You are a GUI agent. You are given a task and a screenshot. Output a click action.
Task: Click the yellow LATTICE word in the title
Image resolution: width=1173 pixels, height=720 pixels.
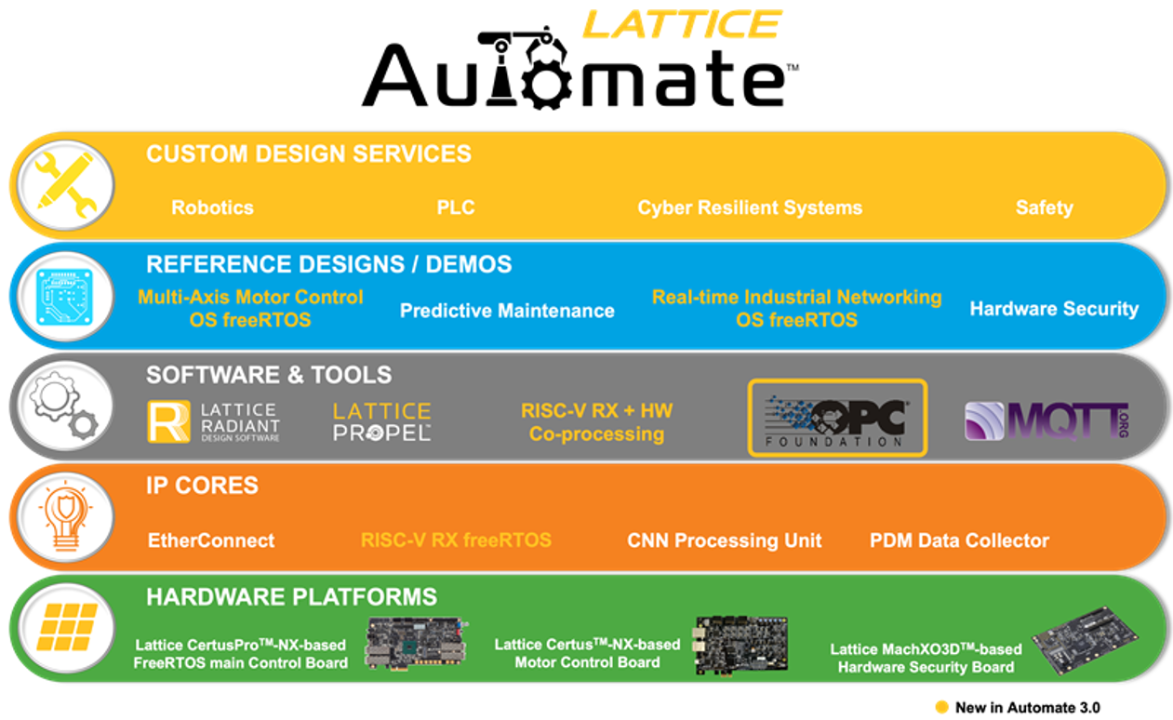[x=681, y=23]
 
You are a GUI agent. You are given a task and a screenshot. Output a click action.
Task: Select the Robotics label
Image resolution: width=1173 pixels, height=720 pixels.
[x=212, y=207]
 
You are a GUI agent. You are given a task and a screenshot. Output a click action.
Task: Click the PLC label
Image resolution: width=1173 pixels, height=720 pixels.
[x=456, y=207]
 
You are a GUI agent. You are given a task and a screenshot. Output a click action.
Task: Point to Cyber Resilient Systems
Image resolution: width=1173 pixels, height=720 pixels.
[x=750, y=207]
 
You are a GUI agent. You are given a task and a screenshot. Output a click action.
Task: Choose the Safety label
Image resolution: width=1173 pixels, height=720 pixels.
[x=1044, y=207]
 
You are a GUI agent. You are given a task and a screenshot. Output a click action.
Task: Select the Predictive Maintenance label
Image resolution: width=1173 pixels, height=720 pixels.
[x=507, y=311]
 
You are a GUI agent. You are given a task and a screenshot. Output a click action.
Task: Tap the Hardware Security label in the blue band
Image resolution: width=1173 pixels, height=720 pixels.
[x=1054, y=309]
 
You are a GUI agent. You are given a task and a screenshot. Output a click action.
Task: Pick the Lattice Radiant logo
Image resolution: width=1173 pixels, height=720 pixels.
[x=214, y=421]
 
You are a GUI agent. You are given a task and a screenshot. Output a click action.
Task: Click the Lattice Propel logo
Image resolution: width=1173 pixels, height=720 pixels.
[x=381, y=421]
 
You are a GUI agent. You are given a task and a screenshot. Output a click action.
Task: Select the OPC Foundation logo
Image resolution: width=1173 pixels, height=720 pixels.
[x=837, y=418]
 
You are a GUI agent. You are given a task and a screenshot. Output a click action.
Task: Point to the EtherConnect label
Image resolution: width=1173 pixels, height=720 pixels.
[x=211, y=540]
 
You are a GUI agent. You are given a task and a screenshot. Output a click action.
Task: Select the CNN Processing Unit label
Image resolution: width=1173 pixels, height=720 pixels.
[x=725, y=540]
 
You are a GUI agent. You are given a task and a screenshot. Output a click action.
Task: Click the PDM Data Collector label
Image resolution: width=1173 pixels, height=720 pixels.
[x=959, y=540]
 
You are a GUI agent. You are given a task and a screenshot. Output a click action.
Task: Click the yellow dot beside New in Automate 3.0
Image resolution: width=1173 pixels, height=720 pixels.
[x=941, y=707]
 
